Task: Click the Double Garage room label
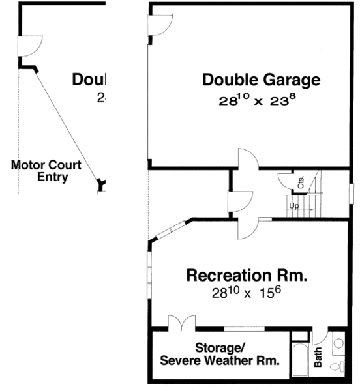point(261,80)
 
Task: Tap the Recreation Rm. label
point(248,275)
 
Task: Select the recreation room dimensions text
point(246,293)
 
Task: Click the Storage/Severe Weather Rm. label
point(220,353)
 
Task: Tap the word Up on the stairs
point(294,206)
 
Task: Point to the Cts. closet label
point(301,182)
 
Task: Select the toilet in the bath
point(337,365)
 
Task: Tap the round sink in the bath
point(338,343)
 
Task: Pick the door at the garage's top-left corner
point(160,25)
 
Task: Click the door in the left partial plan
point(30,47)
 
